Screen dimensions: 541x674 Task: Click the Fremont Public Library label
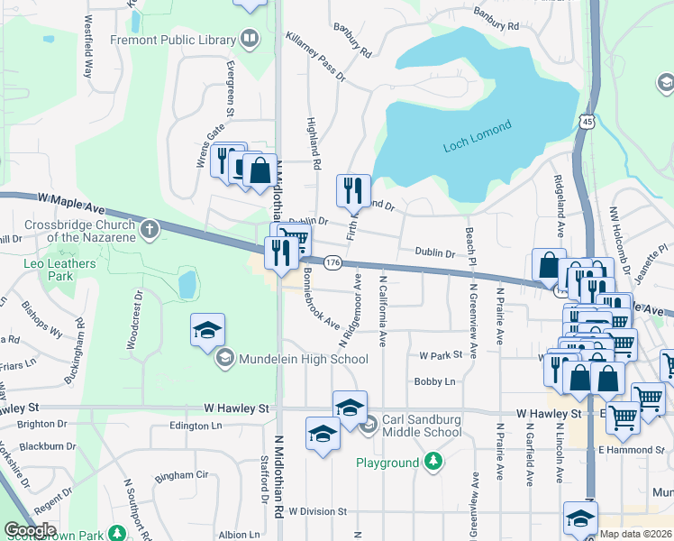click(171, 40)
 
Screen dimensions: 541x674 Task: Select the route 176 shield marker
click(332, 261)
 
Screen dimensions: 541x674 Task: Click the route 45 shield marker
click(587, 122)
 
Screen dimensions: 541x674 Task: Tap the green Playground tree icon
click(434, 463)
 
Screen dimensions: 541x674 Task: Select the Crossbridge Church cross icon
click(150, 230)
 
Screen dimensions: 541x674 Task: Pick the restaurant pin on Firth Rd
click(353, 190)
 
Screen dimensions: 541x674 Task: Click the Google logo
click(30, 530)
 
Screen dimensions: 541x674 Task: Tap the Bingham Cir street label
click(181, 475)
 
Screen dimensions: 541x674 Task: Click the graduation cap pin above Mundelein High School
click(207, 329)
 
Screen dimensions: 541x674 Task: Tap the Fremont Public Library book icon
click(248, 40)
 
